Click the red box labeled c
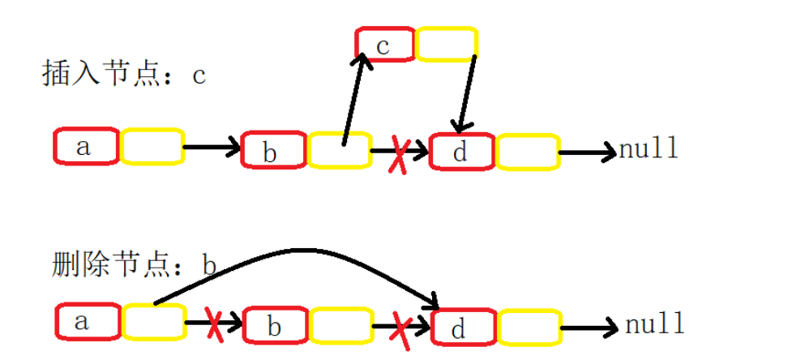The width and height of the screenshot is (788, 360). pos(384,44)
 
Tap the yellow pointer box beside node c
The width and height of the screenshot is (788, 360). pos(445,44)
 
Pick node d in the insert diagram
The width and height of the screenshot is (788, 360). pos(460,152)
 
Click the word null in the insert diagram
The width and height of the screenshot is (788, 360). pos(649,149)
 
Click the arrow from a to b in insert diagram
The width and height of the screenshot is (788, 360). pos(212,148)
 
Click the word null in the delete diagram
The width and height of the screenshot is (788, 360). pos(655,326)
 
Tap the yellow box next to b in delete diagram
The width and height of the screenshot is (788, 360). pos(340,326)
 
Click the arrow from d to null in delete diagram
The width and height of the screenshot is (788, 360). pos(589,328)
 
